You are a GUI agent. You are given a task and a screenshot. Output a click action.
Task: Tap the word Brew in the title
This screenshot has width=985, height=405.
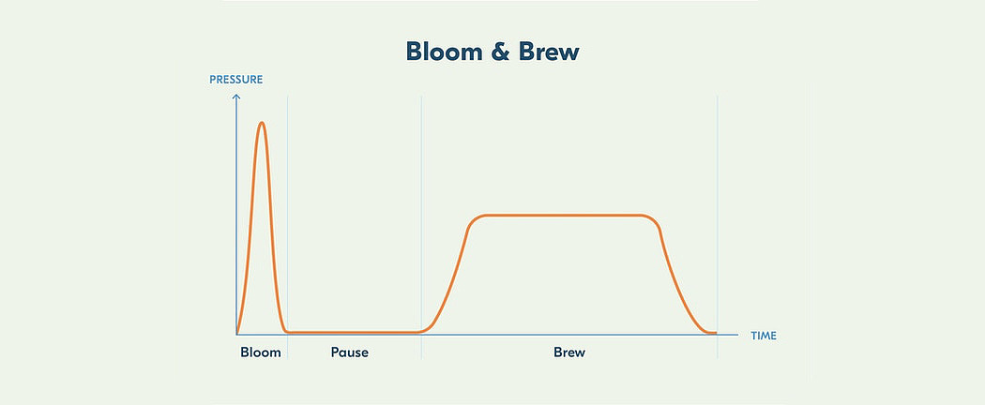549,52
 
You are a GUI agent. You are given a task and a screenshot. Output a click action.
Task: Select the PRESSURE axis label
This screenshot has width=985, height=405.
236,80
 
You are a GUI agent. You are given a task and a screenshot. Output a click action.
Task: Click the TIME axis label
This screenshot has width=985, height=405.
764,336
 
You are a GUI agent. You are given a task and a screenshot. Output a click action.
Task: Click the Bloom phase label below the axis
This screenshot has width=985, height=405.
261,352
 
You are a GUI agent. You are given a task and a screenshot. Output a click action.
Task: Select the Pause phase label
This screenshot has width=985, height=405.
350,352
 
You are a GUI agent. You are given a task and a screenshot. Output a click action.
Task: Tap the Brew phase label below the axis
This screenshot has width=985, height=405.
569,352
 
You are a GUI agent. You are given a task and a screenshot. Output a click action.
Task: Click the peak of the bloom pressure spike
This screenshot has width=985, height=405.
262,123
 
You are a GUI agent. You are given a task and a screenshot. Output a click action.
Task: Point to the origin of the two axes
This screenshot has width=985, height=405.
236,334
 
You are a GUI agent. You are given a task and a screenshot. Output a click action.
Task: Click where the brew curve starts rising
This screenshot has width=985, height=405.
422,331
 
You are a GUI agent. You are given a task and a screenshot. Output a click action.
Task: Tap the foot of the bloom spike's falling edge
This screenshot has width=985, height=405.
286,331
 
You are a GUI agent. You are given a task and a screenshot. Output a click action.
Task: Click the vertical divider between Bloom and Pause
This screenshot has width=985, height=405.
288,227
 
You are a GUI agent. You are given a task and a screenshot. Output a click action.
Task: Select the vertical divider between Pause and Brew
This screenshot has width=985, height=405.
421,227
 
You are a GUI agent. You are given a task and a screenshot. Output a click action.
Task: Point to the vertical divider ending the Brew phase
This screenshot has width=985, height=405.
718,227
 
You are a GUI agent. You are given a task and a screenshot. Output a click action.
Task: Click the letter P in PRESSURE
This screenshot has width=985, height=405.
212,80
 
